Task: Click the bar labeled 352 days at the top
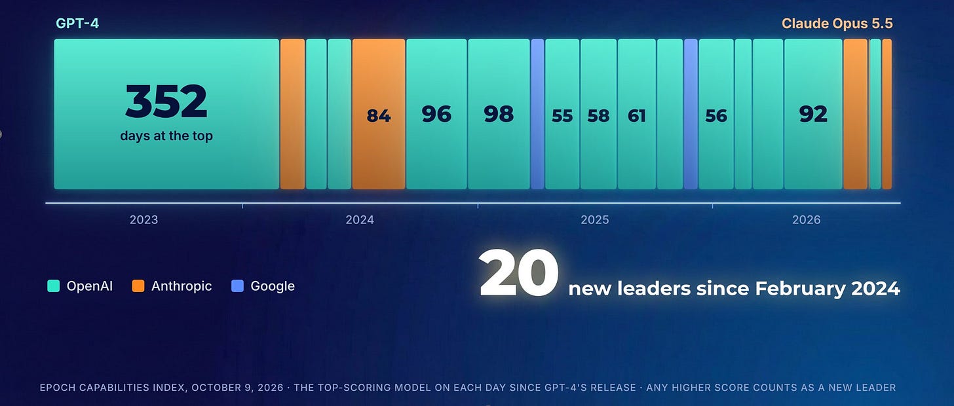166,114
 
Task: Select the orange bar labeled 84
379,114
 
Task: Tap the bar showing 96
436,114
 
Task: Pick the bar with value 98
499,114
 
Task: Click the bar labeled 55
562,114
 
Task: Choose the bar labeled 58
598,114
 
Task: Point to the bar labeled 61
637,114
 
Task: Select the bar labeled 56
716,114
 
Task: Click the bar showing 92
813,114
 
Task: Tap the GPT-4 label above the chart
77,24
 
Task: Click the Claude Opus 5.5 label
837,24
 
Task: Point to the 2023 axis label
143,219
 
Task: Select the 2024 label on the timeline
360,219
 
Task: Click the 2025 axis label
594,219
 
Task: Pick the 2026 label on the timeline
806,219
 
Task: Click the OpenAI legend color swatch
53,286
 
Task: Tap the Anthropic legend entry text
181,286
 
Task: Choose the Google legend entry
263,286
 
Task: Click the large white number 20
518,273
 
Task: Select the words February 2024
828,289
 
